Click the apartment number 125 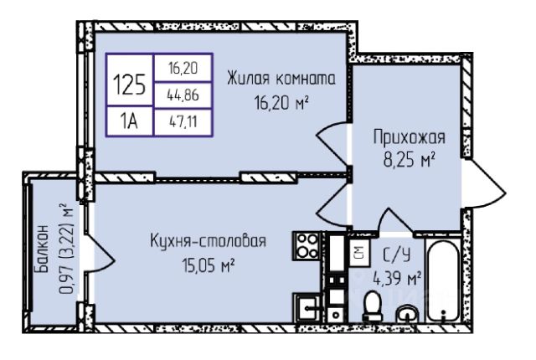coord(130,84)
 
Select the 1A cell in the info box coord(129,120)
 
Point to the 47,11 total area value coord(183,121)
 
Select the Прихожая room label coord(408,137)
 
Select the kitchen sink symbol coord(307,308)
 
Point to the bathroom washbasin coord(407,315)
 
